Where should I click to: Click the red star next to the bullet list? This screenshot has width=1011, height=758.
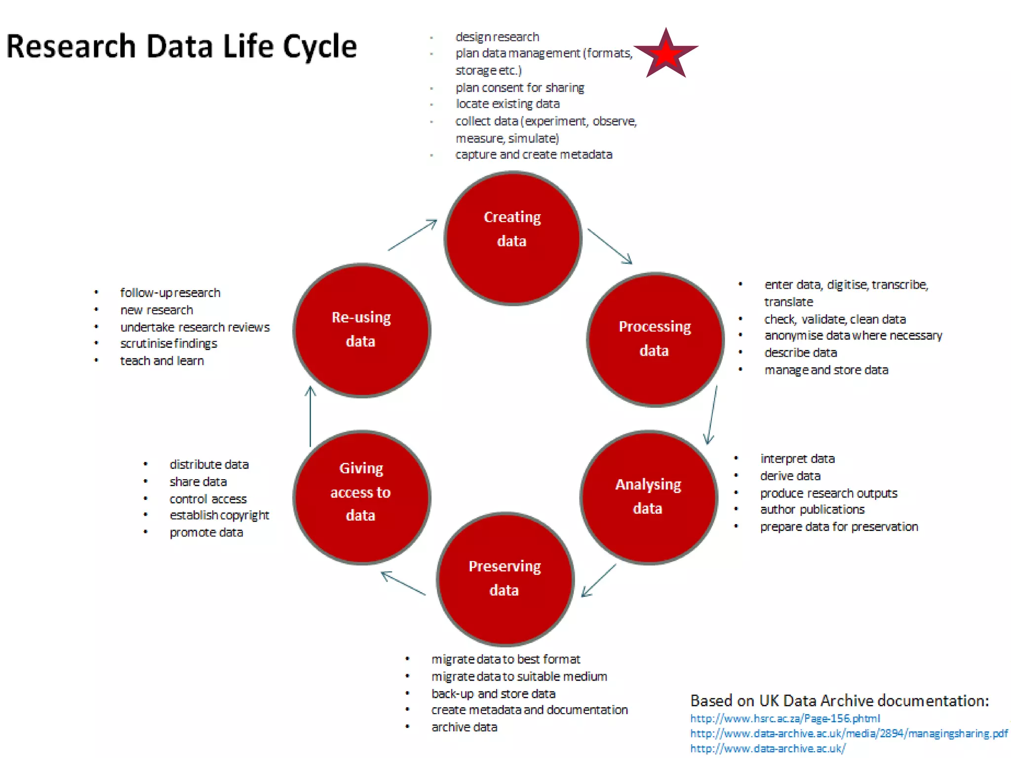(x=665, y=54)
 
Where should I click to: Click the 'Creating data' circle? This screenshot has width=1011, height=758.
(x=512, y=238)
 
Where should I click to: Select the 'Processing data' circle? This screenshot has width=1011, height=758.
(x=655, y=340)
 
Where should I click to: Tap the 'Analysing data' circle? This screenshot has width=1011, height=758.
(x=649, y=497)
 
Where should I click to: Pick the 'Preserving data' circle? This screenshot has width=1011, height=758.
(x=505, y=579)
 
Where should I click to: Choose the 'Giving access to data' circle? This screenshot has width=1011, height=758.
(x=361, y=497)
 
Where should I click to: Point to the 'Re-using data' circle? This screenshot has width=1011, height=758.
(x=361, y=330)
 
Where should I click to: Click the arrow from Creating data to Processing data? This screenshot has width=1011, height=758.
(x=610, y=246)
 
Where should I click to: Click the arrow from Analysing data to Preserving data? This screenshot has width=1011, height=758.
(x=599, y=580)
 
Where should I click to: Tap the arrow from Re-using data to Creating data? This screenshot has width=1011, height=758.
(x=412, y=235)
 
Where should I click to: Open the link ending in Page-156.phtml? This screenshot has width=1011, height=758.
(x=785, y=719)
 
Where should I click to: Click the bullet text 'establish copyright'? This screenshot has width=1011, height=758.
(x=219, y=515)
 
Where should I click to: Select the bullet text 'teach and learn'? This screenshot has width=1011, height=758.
(x=162, y=361)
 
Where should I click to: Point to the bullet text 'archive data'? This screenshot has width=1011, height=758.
(x=464, y=727)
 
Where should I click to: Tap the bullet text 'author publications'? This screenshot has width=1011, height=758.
(x=812, y=509)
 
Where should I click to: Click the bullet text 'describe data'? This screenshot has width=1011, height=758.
(x=800, y=353)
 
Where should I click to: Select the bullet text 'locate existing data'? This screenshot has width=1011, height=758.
(x=507, y=104)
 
